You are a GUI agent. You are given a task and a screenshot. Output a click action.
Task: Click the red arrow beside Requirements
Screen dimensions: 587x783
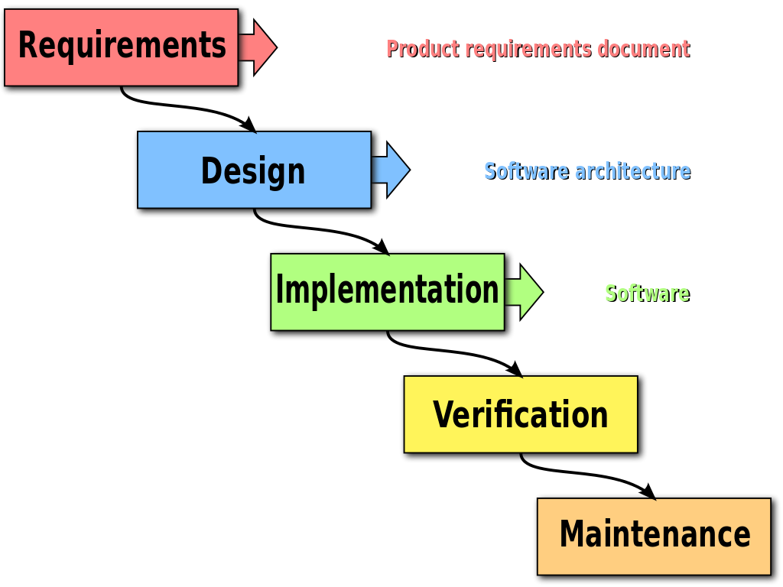point(258,47)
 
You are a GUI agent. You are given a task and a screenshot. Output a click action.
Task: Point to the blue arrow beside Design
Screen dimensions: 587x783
point(391,169)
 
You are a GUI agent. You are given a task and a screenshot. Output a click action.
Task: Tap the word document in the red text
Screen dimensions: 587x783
point(643,49)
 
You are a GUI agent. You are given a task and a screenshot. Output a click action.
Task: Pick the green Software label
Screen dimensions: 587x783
point(646,293)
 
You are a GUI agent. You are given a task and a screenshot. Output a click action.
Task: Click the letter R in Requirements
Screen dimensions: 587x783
point(28,44)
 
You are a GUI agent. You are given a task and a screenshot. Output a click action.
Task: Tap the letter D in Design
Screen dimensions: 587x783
point(211,170)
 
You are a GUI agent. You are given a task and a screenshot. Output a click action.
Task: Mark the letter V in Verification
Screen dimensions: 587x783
point(443,415)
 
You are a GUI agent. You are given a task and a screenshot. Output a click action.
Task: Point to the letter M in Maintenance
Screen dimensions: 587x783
point(573,533)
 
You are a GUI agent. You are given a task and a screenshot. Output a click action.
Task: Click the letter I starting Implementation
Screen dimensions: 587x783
point(280,290)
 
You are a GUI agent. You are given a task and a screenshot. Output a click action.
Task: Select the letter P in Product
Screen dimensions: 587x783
point(391,49)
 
